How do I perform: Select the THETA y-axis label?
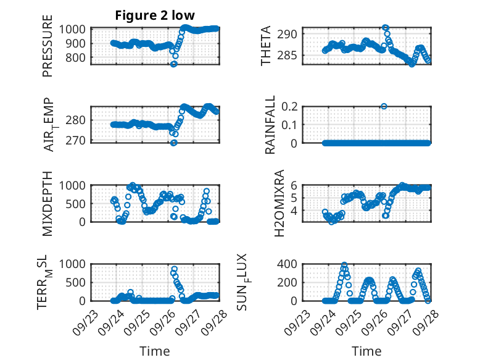pyautogui.click(x=266, y=46)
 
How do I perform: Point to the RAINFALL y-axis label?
pyautogui.click(x=270, y=124)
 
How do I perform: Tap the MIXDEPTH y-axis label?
pyautogui.click(x=48, y=203)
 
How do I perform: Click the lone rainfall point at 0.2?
pyautogui.click(x=384, y=106)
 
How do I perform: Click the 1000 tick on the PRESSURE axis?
pyautogui.click(x=75, y=29)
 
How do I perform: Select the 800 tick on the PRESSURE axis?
pyautogui.click(x=78, y=58)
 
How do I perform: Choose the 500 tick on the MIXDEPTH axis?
pyautogui.click(x=78, y=203)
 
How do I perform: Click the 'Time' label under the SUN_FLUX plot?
pyautogui.click(x=366, y=351)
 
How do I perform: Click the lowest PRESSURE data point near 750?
pyautogui.click(x=173, y=64)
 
